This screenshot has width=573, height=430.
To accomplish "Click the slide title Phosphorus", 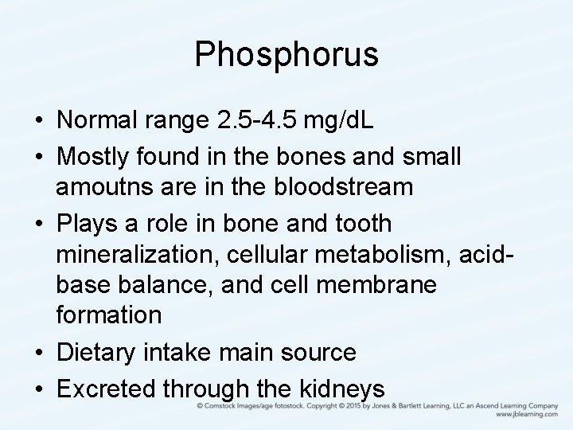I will [x=286, y=54].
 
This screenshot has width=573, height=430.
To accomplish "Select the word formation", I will [x=109, y=315].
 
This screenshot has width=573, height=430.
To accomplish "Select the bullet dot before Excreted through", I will [x=38, y=389].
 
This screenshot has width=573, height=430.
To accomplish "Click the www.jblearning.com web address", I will [x=527, y=415].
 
